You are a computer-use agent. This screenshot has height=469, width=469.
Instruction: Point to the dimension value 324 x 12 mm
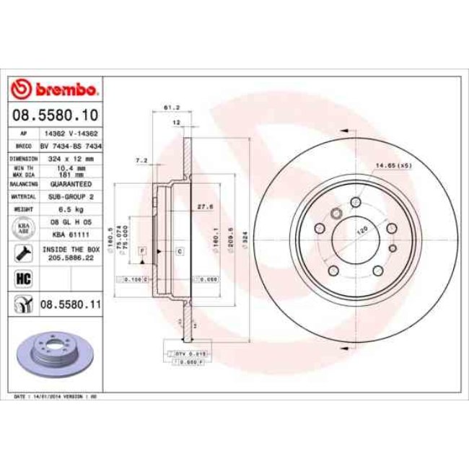click(69, 158)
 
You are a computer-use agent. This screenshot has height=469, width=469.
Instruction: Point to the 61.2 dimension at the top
click(172, 108)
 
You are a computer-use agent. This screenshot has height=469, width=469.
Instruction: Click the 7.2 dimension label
click(141, 159)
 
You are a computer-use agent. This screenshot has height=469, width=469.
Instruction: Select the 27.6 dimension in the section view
click(204, 207)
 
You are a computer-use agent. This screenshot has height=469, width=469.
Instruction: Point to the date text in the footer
click(56, 397)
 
